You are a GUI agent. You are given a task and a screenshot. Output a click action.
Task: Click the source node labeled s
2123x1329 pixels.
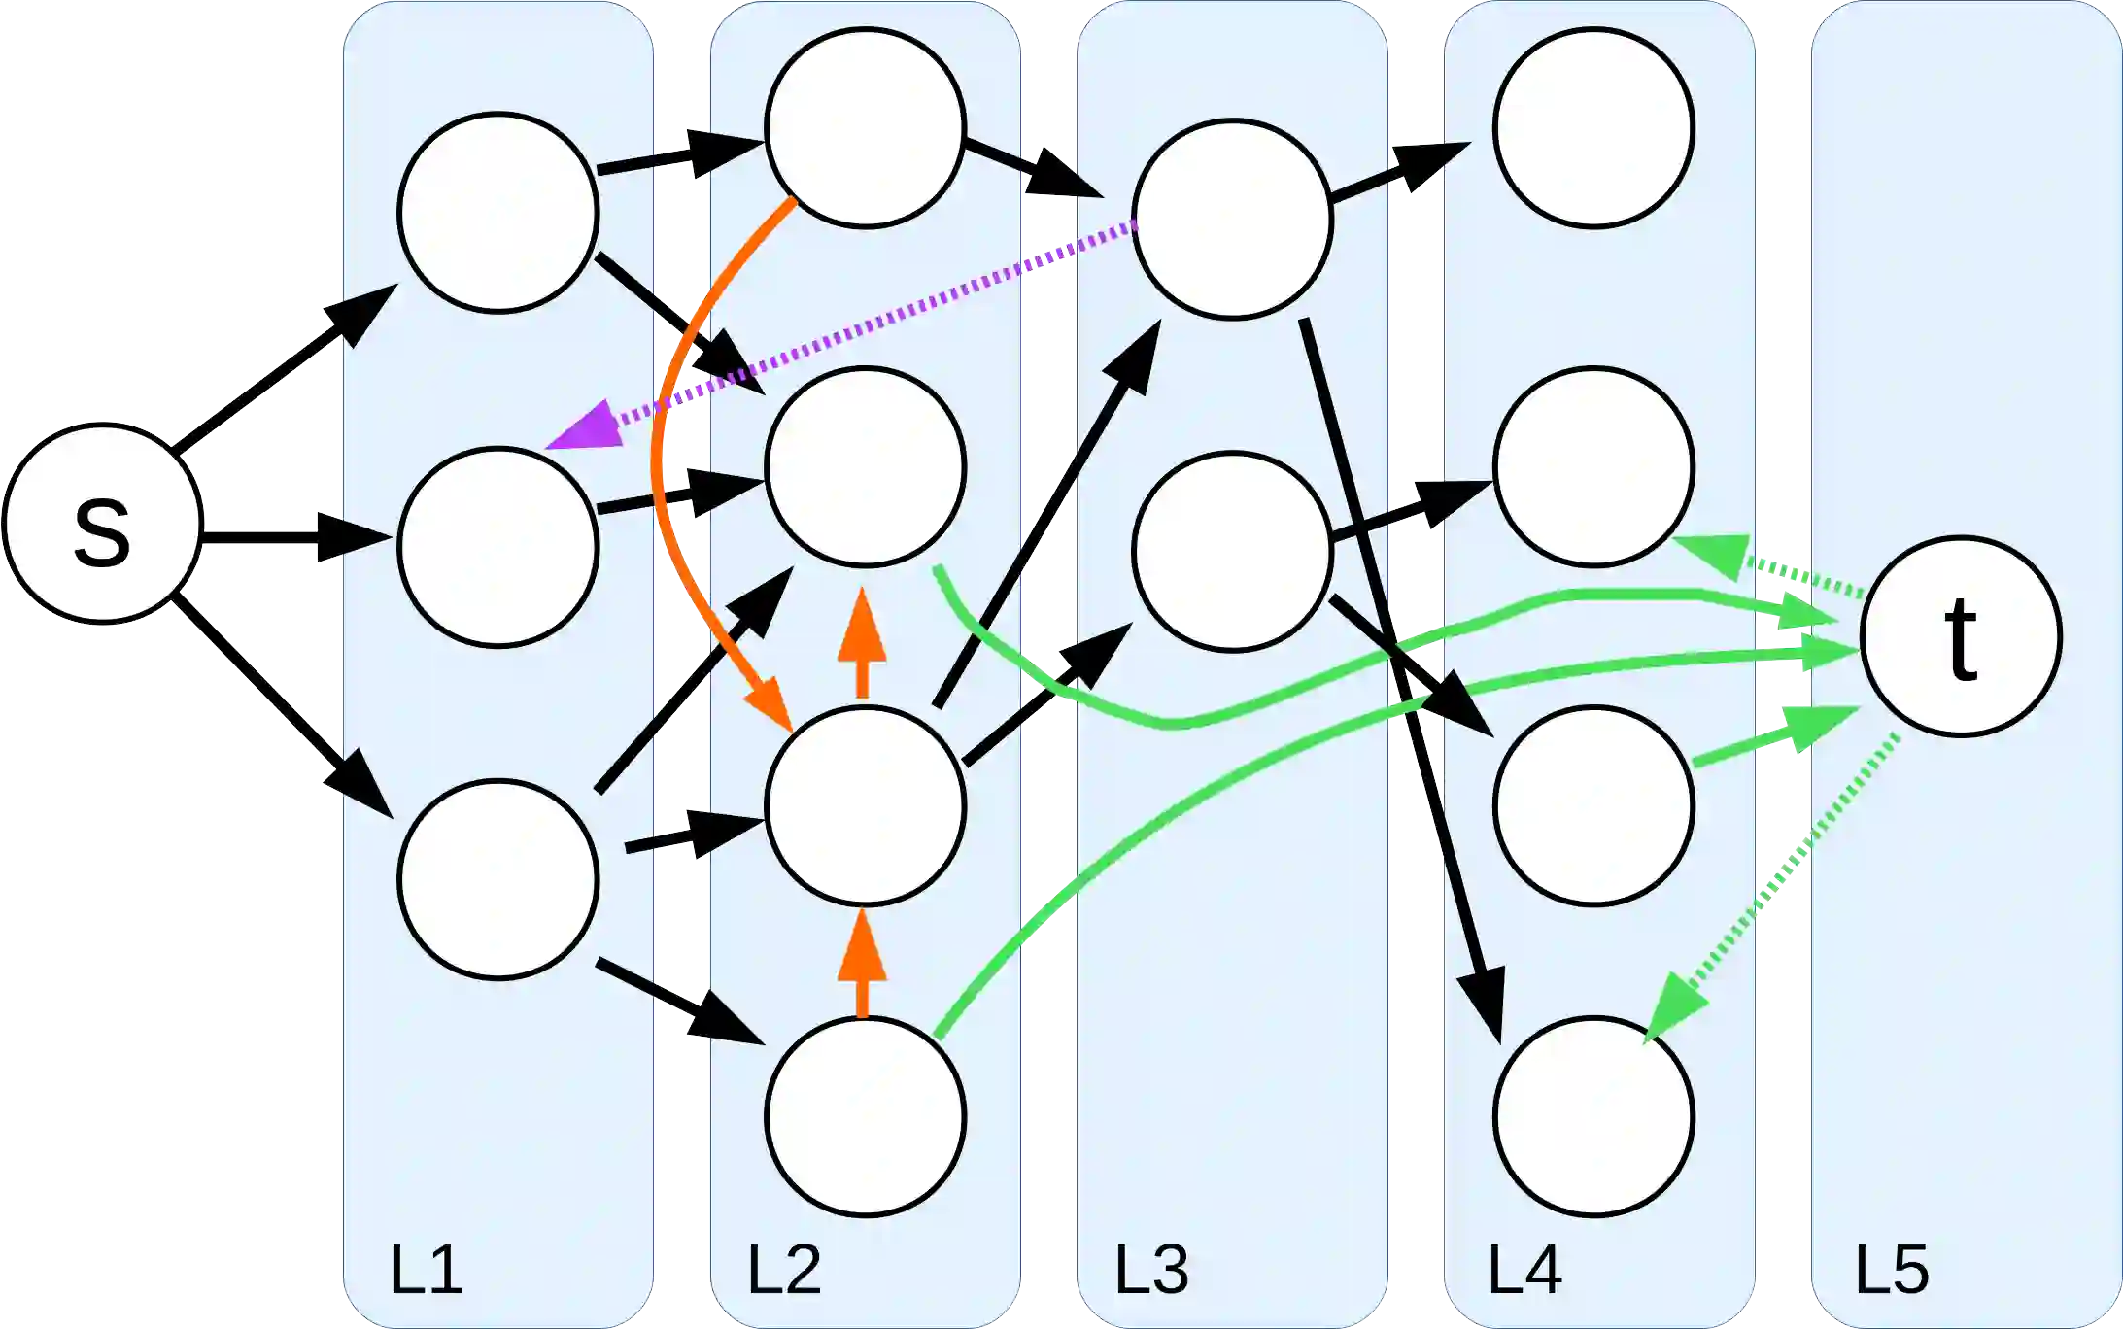[x=102, y=524]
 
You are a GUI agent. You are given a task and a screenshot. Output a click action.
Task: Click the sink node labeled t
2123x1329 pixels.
[x=1961, y=636]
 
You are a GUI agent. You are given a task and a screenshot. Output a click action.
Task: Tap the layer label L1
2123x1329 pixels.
[x=426, y=1269]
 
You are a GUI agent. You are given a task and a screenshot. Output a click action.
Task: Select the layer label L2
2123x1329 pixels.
[x=783, y=1269]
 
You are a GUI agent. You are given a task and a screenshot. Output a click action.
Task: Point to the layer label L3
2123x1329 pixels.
[x=1151, y=1269]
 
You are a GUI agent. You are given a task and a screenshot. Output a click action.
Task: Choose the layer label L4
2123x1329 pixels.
[x=1524, y=1269]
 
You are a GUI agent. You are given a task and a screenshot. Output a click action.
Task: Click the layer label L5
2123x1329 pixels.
[x=1892, y=1269]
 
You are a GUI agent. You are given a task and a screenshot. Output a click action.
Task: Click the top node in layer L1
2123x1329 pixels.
[x=497, y=212]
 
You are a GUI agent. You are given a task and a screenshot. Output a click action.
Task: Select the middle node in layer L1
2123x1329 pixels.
[x=497, y=547]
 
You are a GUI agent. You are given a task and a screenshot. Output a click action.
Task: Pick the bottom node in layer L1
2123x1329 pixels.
[x=497, y=879]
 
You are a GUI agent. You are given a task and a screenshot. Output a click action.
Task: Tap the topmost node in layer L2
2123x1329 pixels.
[x=865, y=127]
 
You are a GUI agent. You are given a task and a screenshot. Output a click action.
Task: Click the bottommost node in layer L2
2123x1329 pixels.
[x=865, y=1116]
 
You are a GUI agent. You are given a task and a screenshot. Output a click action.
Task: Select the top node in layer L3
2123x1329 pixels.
[x=1232, y=219]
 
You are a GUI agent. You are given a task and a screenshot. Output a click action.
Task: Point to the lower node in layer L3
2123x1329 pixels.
[x=1232, y=551]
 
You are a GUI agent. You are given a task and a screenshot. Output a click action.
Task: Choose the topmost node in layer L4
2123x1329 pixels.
[x=1593, y=127]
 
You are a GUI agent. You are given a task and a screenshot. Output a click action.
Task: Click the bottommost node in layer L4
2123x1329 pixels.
[x=1593, y=1116]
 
